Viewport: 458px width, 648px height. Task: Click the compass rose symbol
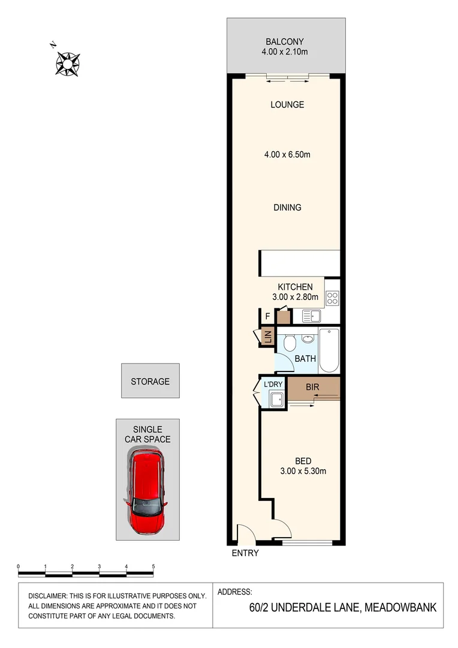tap(68, 62)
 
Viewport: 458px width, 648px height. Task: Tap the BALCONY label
tap(285, 42)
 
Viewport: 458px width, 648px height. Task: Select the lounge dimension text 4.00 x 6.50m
tap(287, 155)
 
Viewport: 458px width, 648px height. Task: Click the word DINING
tap(287, 208)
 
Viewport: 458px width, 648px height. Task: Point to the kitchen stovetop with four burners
tap(332, 298)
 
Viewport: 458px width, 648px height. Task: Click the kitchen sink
tap(312, 316)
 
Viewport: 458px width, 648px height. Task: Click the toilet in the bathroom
tap(289, 343)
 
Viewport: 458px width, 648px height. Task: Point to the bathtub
tap(329, 350)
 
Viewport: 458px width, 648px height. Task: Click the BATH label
tap(305, 359)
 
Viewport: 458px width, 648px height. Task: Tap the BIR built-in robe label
tap(312, 388)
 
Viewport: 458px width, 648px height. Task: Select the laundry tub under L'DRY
tap(277, 399)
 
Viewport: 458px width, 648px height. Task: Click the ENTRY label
tap(245, 553)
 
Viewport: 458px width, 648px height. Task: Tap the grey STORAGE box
tap(150, 381)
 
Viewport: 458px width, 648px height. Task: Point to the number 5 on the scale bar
tap(153, 566)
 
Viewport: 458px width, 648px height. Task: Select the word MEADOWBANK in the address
tap(399, 607)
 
